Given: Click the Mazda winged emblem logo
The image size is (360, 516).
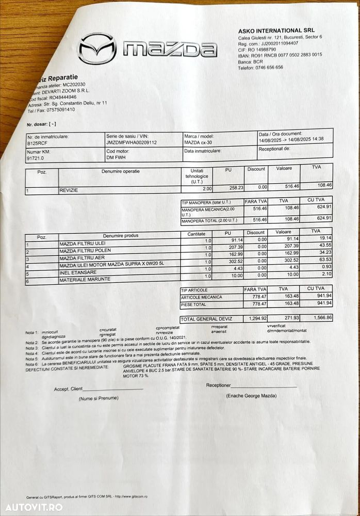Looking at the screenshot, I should click(97, 49).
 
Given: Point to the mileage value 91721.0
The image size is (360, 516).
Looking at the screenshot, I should click(37, 159).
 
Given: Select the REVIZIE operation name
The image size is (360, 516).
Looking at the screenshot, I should click(71, 190).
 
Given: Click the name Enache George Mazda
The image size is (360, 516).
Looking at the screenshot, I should click(237, 396).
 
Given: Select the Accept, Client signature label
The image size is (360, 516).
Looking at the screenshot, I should click(68, 389).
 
